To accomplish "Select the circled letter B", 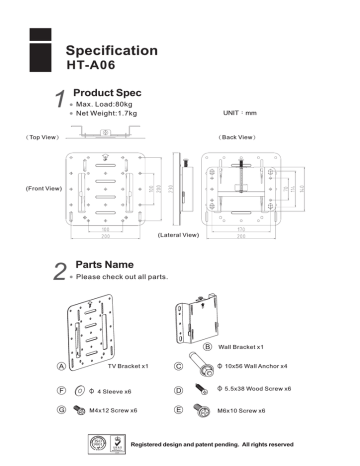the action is tap(208, 346).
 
